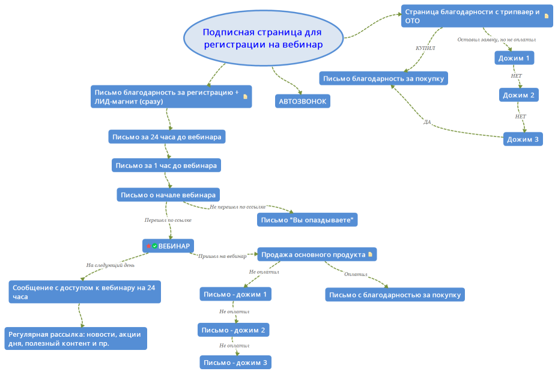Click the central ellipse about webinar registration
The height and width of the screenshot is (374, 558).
point(263,38)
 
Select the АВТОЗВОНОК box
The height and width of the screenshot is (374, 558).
point(303,101)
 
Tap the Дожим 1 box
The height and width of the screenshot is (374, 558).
point(514,58)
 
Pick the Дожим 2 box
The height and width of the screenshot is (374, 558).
point(518,95)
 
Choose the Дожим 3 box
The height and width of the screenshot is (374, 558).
point(523,139)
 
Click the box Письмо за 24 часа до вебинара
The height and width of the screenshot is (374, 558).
point(167,136)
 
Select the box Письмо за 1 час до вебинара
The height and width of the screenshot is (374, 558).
point(166,165)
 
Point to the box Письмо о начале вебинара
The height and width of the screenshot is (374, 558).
point(168,195)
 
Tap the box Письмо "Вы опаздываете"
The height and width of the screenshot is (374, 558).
point(307,219)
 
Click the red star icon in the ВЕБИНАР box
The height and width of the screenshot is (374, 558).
point(149,246)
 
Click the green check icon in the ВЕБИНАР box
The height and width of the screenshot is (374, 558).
point(154,246)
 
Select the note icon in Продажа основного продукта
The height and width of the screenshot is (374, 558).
point(370,254)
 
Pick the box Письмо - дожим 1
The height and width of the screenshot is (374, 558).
point(235,294)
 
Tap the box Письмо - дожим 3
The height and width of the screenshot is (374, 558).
point(235,363)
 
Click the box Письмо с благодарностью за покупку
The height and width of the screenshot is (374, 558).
point(395,295)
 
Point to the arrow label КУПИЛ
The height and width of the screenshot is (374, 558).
point(425,48)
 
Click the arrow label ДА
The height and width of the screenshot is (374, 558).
point(427,122)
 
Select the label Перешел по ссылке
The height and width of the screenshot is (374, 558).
point(168,220)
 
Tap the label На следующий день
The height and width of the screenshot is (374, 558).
point(111,265)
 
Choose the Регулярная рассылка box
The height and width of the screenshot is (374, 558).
point(76,339)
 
